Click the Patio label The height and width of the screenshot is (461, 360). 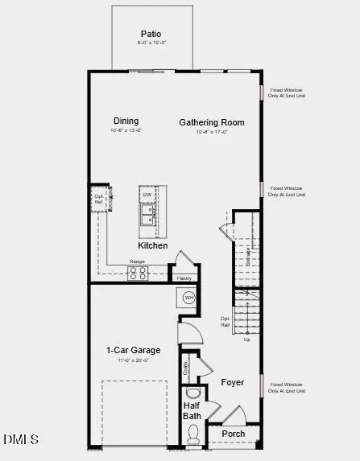point(151,35)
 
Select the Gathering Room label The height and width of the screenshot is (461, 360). point(211,123)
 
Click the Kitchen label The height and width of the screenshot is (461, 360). point(153,245)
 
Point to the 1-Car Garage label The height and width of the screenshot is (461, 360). point(134,350)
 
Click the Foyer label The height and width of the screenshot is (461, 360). point(233,382)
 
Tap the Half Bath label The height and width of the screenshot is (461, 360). point(192,410)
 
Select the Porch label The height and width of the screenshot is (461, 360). point(234,434)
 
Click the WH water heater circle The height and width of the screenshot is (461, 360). point(189,298)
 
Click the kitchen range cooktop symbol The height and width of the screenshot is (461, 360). point(138,272)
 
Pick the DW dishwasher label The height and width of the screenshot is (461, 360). point(147,195)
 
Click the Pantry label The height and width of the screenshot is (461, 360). point(184,278)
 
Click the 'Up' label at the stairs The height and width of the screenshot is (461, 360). point(246,340)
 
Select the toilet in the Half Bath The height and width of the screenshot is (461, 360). point(192,435)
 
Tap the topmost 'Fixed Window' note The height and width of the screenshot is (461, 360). point(287,93)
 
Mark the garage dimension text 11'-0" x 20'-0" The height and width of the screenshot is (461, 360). point(134,360)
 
